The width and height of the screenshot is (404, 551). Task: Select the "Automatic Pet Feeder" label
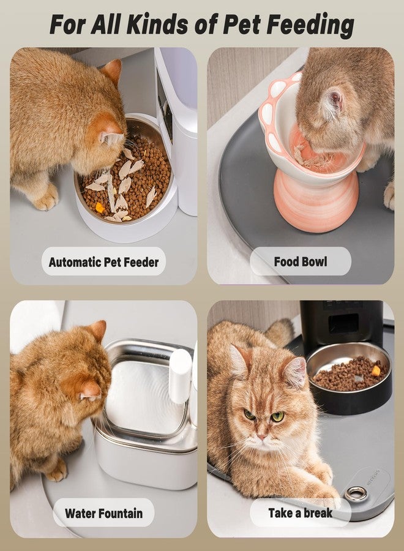pyautogui.click(x=103, y=262)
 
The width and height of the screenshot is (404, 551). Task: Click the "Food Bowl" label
pyautogui.click(x=301, y=261)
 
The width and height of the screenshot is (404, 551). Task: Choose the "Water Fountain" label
pyautogui.click(x=103, y=513)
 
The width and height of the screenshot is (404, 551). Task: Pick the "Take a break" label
pyautogui.click(x=301, y=512)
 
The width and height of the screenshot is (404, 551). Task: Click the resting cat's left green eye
pyautogui.click(x=250, y=415)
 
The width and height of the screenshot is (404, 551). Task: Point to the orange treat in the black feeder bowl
pyautogui.click(x=376, y=370)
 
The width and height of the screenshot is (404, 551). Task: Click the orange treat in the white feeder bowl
pyautogui.click(x=99, y=208)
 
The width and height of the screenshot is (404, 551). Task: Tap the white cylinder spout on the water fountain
pyautogui.click(x=180, y=375)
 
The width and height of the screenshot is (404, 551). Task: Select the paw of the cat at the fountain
pyautogui.click(x=56, y=471)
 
